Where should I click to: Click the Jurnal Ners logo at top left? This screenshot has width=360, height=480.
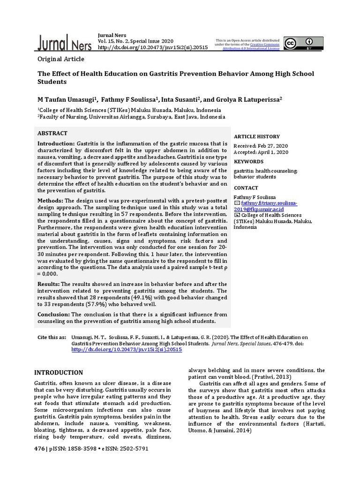point(63,43)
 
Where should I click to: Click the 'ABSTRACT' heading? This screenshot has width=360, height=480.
point(52,134)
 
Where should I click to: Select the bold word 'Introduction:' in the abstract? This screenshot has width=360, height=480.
point(55,143)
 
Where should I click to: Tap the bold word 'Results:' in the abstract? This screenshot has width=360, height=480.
point(48,285)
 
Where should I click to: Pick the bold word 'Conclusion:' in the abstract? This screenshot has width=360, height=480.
point(53,314)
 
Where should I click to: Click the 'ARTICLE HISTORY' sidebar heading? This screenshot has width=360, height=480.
point(256,136)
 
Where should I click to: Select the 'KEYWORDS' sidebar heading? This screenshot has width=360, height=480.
point(249,161)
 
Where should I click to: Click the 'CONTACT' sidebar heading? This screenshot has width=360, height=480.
point(247,187)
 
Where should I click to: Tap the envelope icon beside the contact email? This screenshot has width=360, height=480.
point(237,203)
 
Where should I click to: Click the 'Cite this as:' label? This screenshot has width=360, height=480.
point(52,337)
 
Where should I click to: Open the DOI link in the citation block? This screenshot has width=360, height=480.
point(127,350)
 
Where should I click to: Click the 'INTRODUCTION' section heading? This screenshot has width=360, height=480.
point(60,373)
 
